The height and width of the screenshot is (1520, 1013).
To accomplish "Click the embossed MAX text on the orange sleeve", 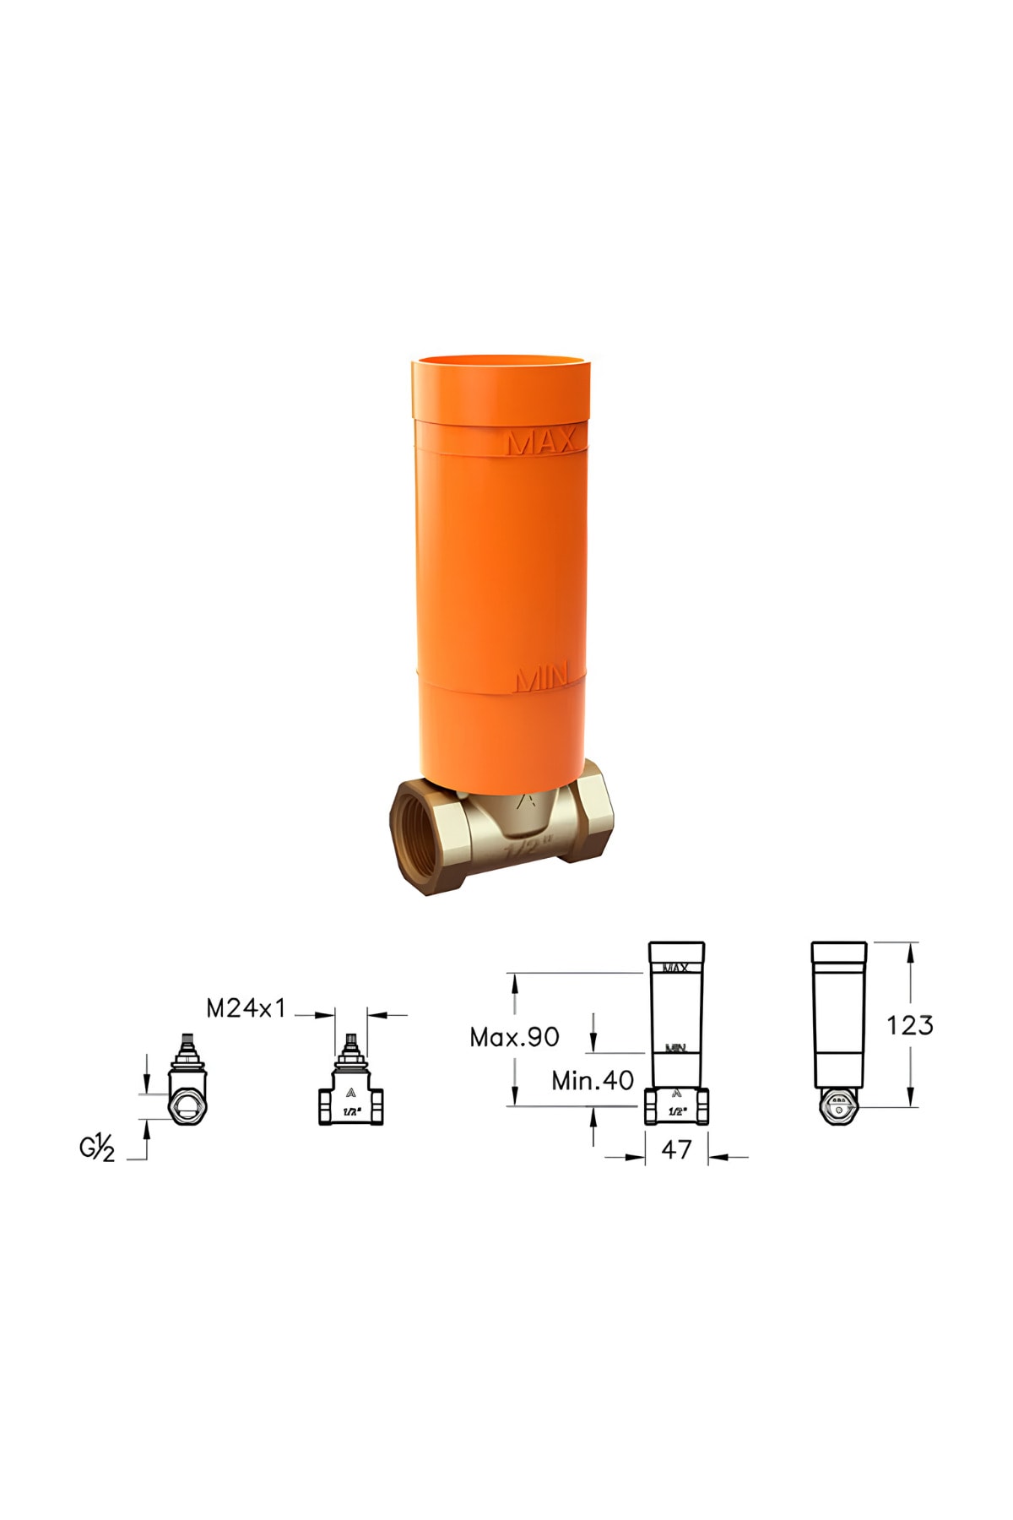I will point(542,442).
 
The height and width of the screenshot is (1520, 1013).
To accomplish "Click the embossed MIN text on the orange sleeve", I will point(542,678).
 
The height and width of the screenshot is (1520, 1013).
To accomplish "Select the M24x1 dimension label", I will point(246,1008).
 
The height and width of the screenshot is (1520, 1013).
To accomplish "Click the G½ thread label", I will point(97,1148).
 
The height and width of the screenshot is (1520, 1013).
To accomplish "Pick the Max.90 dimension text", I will point(514,1038).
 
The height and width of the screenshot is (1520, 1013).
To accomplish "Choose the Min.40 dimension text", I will point(592,1081).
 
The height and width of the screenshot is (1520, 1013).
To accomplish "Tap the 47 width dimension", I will point(676,1149).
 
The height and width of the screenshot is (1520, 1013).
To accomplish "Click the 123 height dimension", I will point(909,1025).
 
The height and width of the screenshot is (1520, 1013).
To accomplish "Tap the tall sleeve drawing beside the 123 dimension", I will point(839,1013).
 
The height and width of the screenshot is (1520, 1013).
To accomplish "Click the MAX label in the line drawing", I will point(676,968).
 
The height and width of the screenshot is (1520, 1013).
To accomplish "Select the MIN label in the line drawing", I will point(675,1048).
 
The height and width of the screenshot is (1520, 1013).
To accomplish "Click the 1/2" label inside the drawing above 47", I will point(677,1111).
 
